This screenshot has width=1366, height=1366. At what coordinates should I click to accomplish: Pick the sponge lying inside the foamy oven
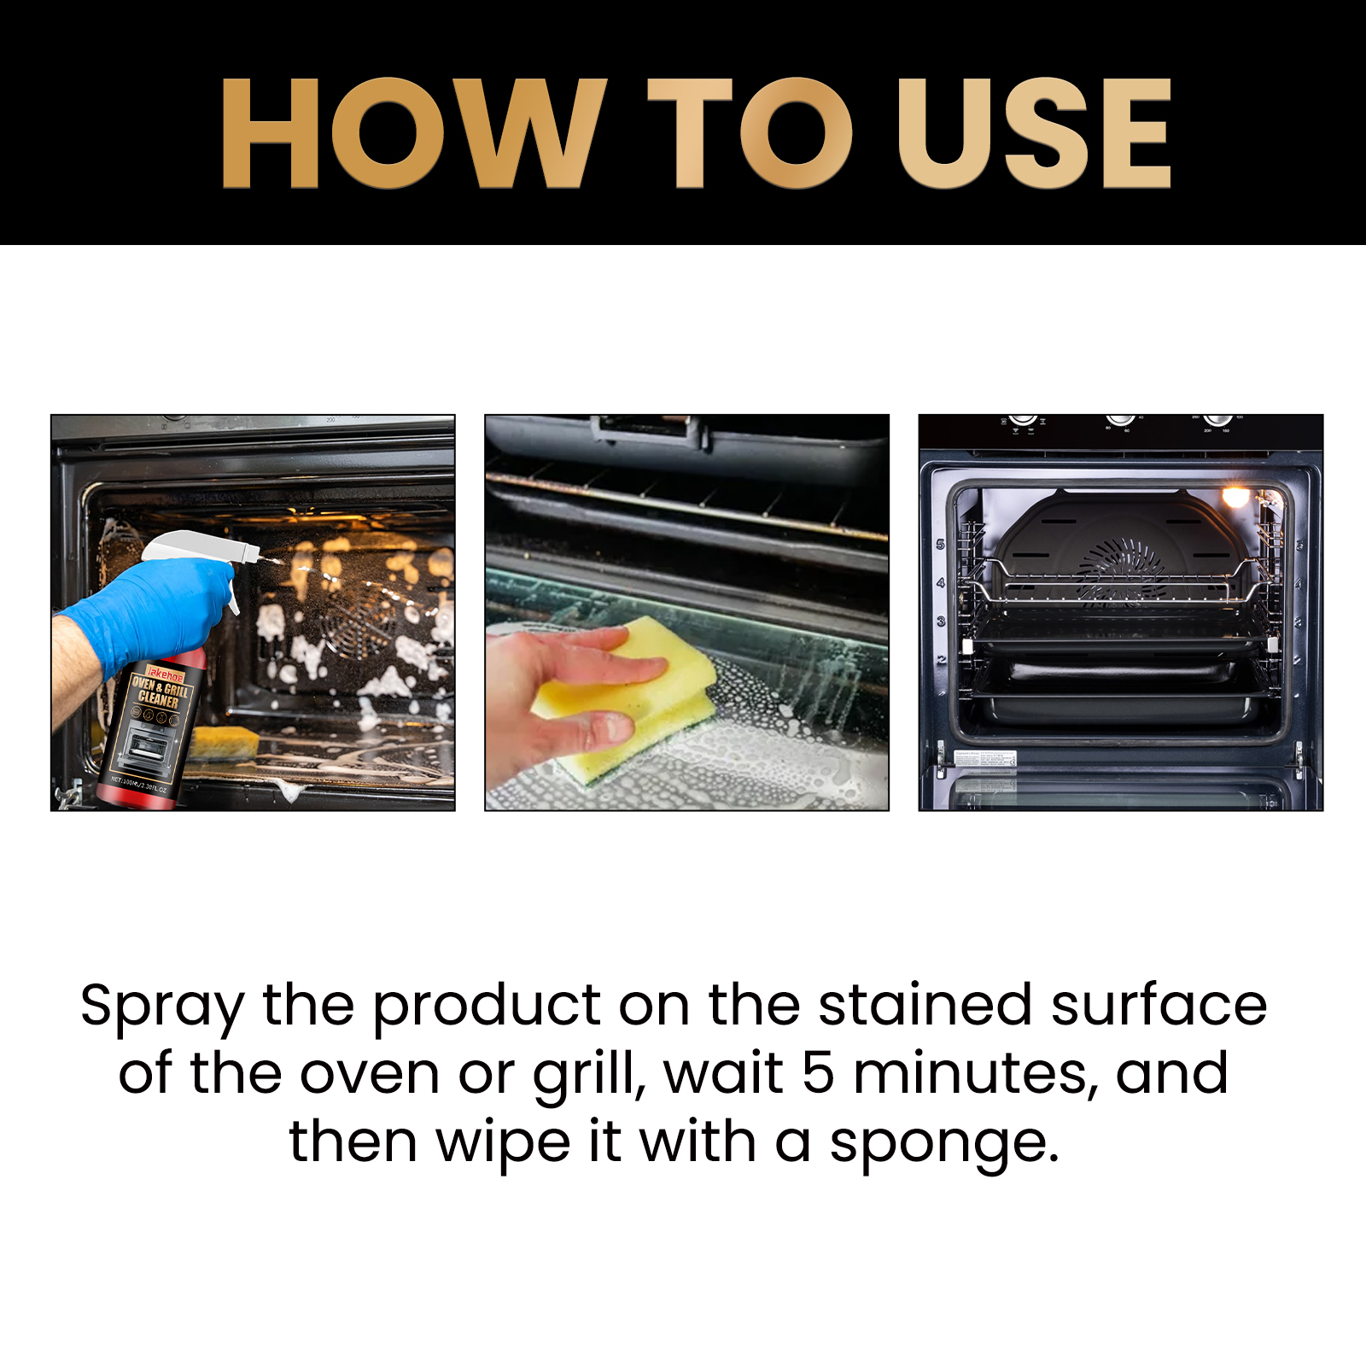[224, 741]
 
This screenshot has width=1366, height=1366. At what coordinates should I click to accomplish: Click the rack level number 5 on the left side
[941, 544]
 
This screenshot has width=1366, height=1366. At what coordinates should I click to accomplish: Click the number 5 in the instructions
[818, 1073]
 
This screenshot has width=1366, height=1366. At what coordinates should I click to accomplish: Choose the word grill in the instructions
[587, 1075]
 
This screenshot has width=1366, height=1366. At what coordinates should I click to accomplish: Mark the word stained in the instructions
[925, 1005]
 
